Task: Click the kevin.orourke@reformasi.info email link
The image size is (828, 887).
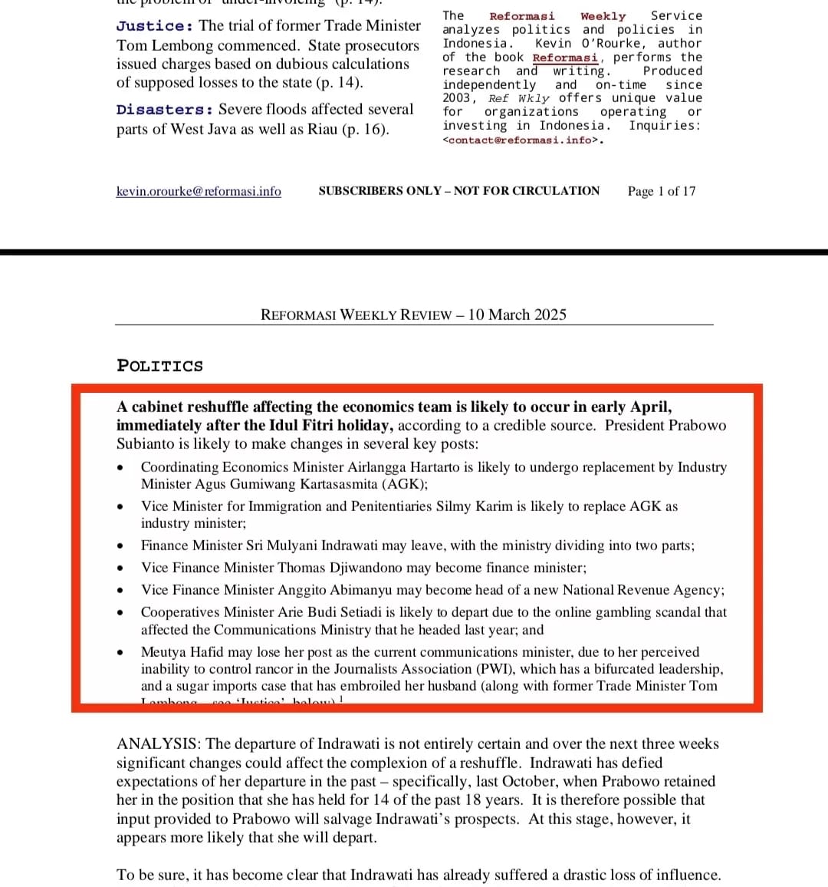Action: click(x=199, y=191)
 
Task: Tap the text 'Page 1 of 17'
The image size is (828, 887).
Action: click(x=662, y=191)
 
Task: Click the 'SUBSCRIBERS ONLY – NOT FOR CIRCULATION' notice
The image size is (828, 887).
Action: click(x=459, y=191)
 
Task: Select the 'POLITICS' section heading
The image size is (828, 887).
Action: click(x=160, y=366)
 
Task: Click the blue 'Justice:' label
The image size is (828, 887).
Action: click(x=155, y=26)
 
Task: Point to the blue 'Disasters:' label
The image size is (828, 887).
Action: click(x=165, y=110)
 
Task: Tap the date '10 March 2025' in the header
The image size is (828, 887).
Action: click(x=517, y=315)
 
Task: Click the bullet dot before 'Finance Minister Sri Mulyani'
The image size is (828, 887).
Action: click(x=120, y=546)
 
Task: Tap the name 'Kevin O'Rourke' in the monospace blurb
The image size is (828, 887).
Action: click(x=590, y=44)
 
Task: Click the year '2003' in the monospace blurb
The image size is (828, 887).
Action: click(x=458, y=98)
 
